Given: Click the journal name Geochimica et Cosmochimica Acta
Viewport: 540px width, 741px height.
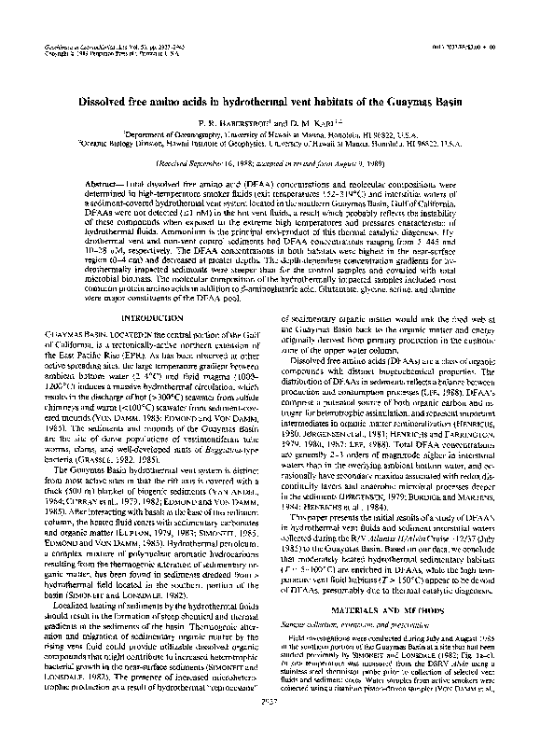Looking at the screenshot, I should tap(89, 46).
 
